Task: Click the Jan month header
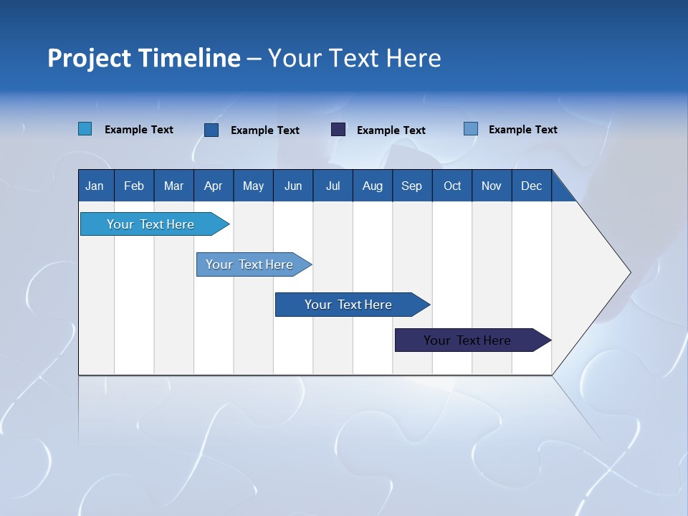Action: [95, 186]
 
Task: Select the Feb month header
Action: [134, 186]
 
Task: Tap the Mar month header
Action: [173, 186]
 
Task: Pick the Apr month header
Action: [213, 186]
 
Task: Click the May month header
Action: [253, 186]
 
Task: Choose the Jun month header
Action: [293, 186]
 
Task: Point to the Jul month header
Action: [333, 186]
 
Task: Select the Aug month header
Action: [372, 186]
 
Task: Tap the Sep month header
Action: [411, 186]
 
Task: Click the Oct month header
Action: [452, 186]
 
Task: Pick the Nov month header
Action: [492, 186]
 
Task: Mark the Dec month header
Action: [531, 186]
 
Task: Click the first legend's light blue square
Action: [85, 129]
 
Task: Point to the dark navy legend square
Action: [338, 130]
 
